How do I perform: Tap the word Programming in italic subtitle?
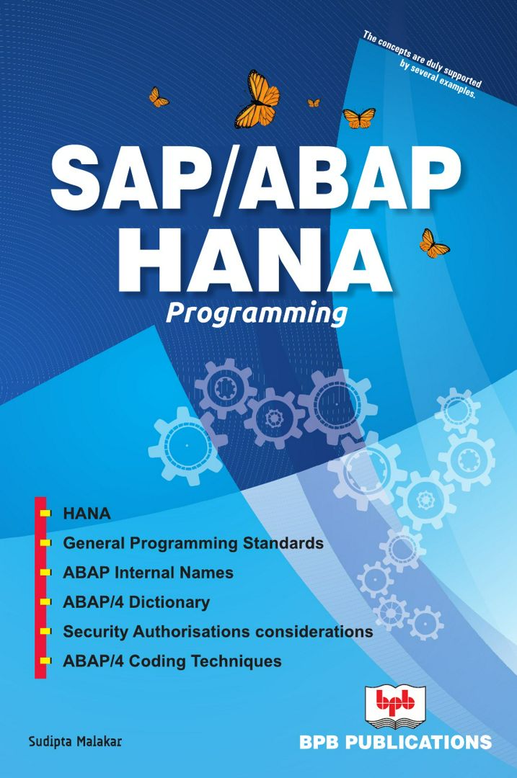(x=256, y=314)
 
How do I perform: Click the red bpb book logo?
(x=396, y=709)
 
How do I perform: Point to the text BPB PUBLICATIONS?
(x=396, y=742)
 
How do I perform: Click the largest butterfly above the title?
(x=257, y=99)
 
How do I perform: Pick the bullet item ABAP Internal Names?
(x=148, y=573)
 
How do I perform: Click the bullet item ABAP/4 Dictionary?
(x=136, y=602)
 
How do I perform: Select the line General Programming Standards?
(x=193, y=543)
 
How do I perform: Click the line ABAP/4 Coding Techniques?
(x=172, y=661)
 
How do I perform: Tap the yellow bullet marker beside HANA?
(x=45, y=514)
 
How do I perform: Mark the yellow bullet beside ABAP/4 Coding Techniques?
(x=45, y=661)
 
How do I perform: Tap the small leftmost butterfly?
(x=158, y=97)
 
